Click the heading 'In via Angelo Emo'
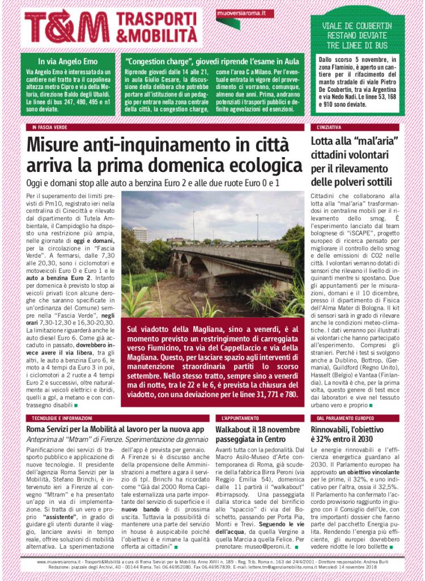[67, 61]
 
